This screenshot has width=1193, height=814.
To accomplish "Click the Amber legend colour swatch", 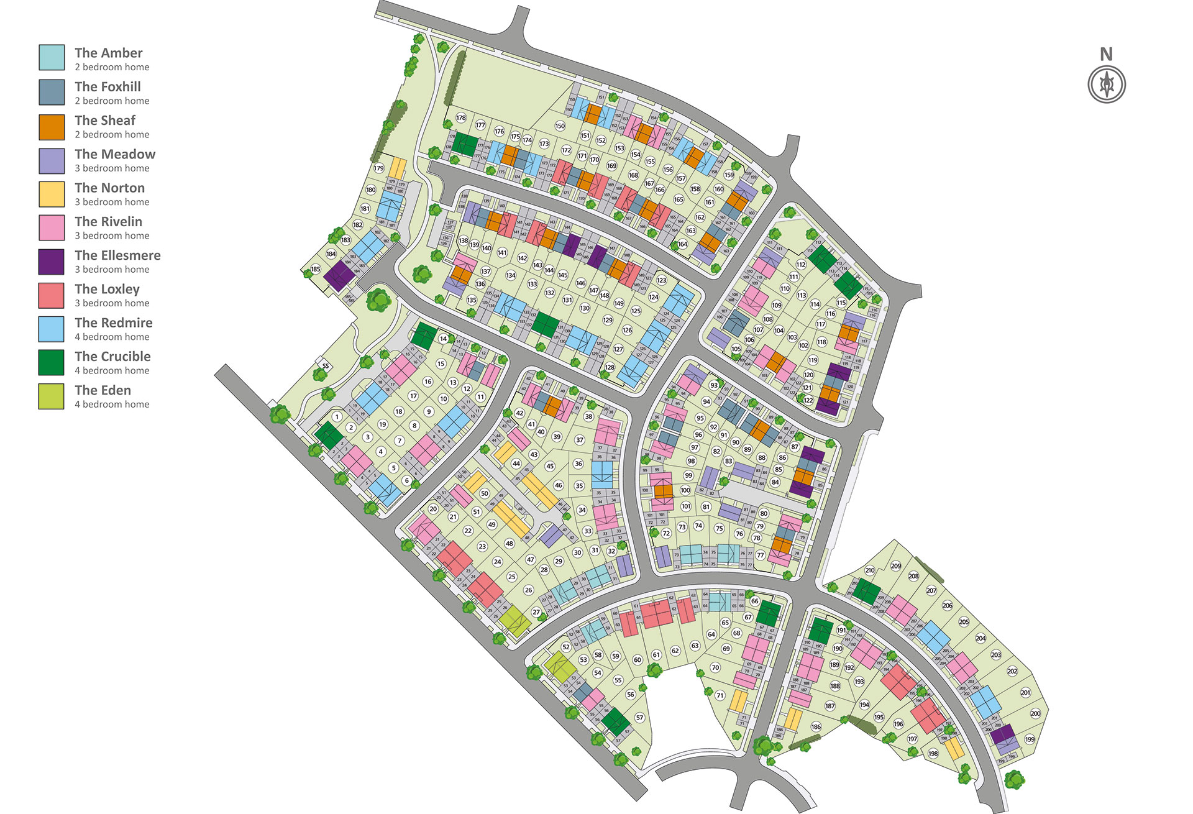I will click(x=52, y=57).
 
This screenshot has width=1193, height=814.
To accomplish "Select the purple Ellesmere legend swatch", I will click(x=52, y=262).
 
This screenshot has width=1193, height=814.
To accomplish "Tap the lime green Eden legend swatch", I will click(x=52, y=396).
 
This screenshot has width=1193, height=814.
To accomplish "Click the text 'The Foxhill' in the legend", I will click(x=107, y=86).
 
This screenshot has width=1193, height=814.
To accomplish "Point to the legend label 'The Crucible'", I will click(x=112, y=356).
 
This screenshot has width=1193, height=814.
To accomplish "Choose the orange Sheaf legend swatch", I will click(x=52, y=127).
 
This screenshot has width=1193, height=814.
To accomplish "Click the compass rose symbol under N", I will click(x=1107, y=84).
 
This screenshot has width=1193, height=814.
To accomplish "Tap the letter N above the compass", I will click(x=1106, y=55).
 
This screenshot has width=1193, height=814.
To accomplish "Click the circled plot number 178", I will click(x=461, y=117).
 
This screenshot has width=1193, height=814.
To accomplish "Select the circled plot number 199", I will click(x=1030, y=739).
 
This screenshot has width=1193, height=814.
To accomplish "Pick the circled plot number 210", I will click(x=870, y=570).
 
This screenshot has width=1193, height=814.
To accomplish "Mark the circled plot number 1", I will click(x=337, y=417).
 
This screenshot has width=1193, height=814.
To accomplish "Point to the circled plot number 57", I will click(x=639, y=718).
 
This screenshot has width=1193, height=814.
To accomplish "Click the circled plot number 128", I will click(x=610, y=367).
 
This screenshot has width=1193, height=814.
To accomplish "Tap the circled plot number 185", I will click(x=316, y=269).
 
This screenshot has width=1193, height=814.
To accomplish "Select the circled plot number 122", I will click(x=808, y=400).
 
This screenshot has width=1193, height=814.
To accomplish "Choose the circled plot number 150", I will click(x=560, y=126).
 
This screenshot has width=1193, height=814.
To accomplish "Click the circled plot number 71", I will click(x=720, y=695).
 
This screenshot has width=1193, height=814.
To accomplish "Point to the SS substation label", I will click(x=326, y=366).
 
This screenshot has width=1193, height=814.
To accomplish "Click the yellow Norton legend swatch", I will click(x=52, y=194).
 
